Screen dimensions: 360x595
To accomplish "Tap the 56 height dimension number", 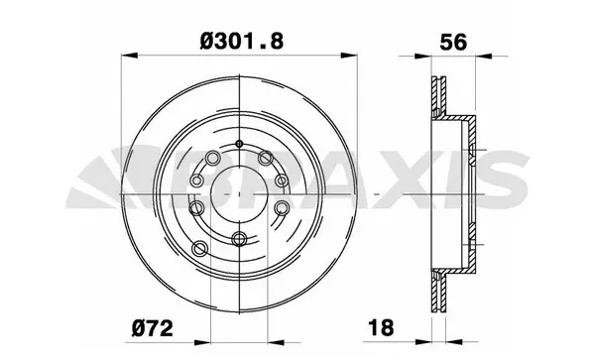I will [452, 41].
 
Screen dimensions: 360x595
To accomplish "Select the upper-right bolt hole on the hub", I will [265, 156].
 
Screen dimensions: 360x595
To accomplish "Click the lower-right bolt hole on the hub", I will [282, 207].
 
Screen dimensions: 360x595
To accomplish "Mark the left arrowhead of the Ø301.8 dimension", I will [127, 57].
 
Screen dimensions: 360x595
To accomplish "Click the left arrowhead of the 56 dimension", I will [432, 57].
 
